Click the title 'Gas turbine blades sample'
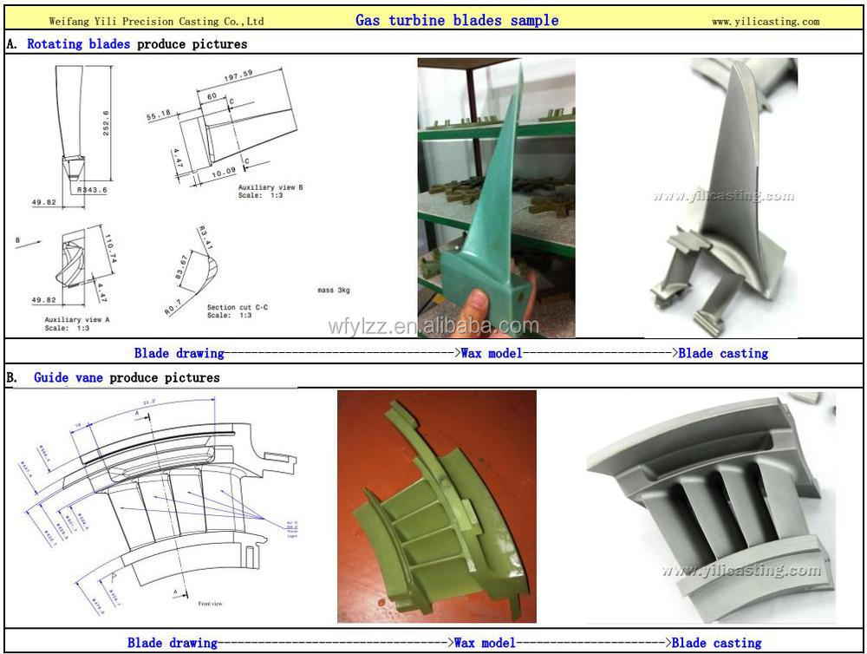pyautogui.click(x=457, y=20)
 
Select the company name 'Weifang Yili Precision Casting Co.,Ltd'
pyautogui.click(x=156, y=21)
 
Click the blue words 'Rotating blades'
pyautogui.click(x=78, y=43)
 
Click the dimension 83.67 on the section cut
pyautogui.click(x=182, y=266)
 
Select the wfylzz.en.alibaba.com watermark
pyautogui.click(x=433, y=326)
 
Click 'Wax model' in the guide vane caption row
pyautogui.click(x=484, y=643)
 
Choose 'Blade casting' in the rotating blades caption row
pyautogui.click(x=723, y=353)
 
